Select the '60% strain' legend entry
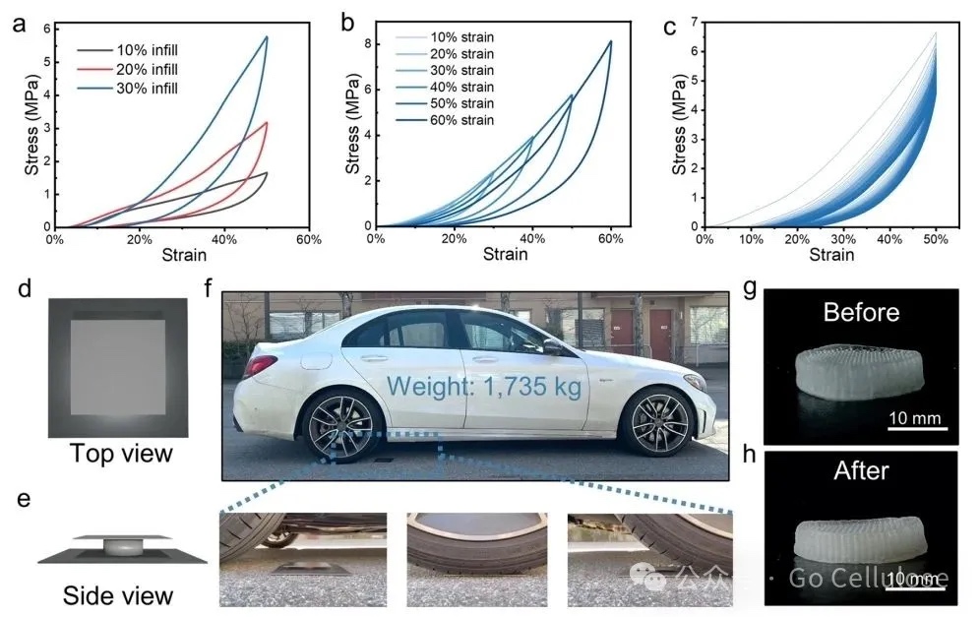(456, 120)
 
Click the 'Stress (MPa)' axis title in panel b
(351, 124)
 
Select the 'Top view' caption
(121, 454)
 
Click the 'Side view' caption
(118, 595)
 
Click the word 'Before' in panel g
(861, 313)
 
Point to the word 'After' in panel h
(861, 471)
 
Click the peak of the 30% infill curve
(267, 37)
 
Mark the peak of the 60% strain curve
(610, 41)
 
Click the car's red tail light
(259, 366)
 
